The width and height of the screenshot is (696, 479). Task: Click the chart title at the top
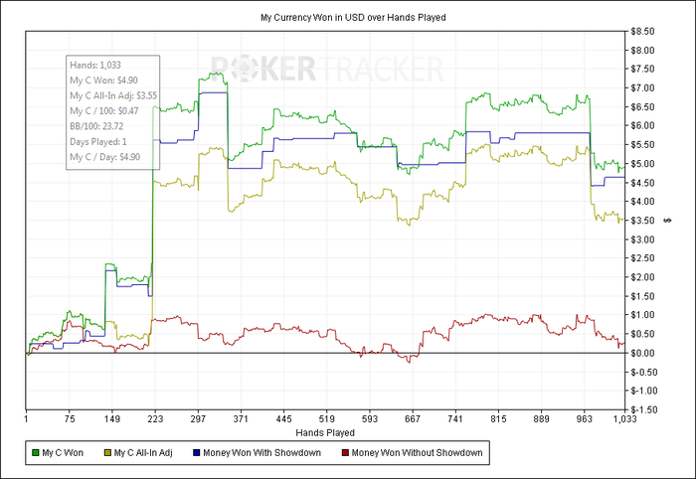pos(347,18)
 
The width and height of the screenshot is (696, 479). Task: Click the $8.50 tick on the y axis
pos(644,31)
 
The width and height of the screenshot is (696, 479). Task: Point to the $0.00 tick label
pos(644,353)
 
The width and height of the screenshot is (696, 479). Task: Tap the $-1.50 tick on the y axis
pos(643,408)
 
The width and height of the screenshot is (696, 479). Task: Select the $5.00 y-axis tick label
pos(644,164)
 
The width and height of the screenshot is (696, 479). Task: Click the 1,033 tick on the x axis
pos(624,420)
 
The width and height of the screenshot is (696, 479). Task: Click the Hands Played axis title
pos(324,433)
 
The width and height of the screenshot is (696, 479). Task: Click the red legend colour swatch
pos(346,453)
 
